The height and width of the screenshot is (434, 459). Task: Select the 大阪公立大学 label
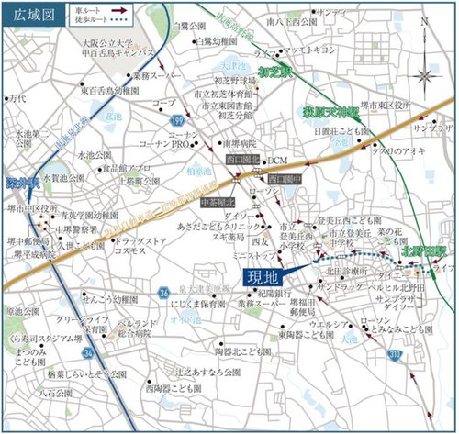click(x=106, y=43)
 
